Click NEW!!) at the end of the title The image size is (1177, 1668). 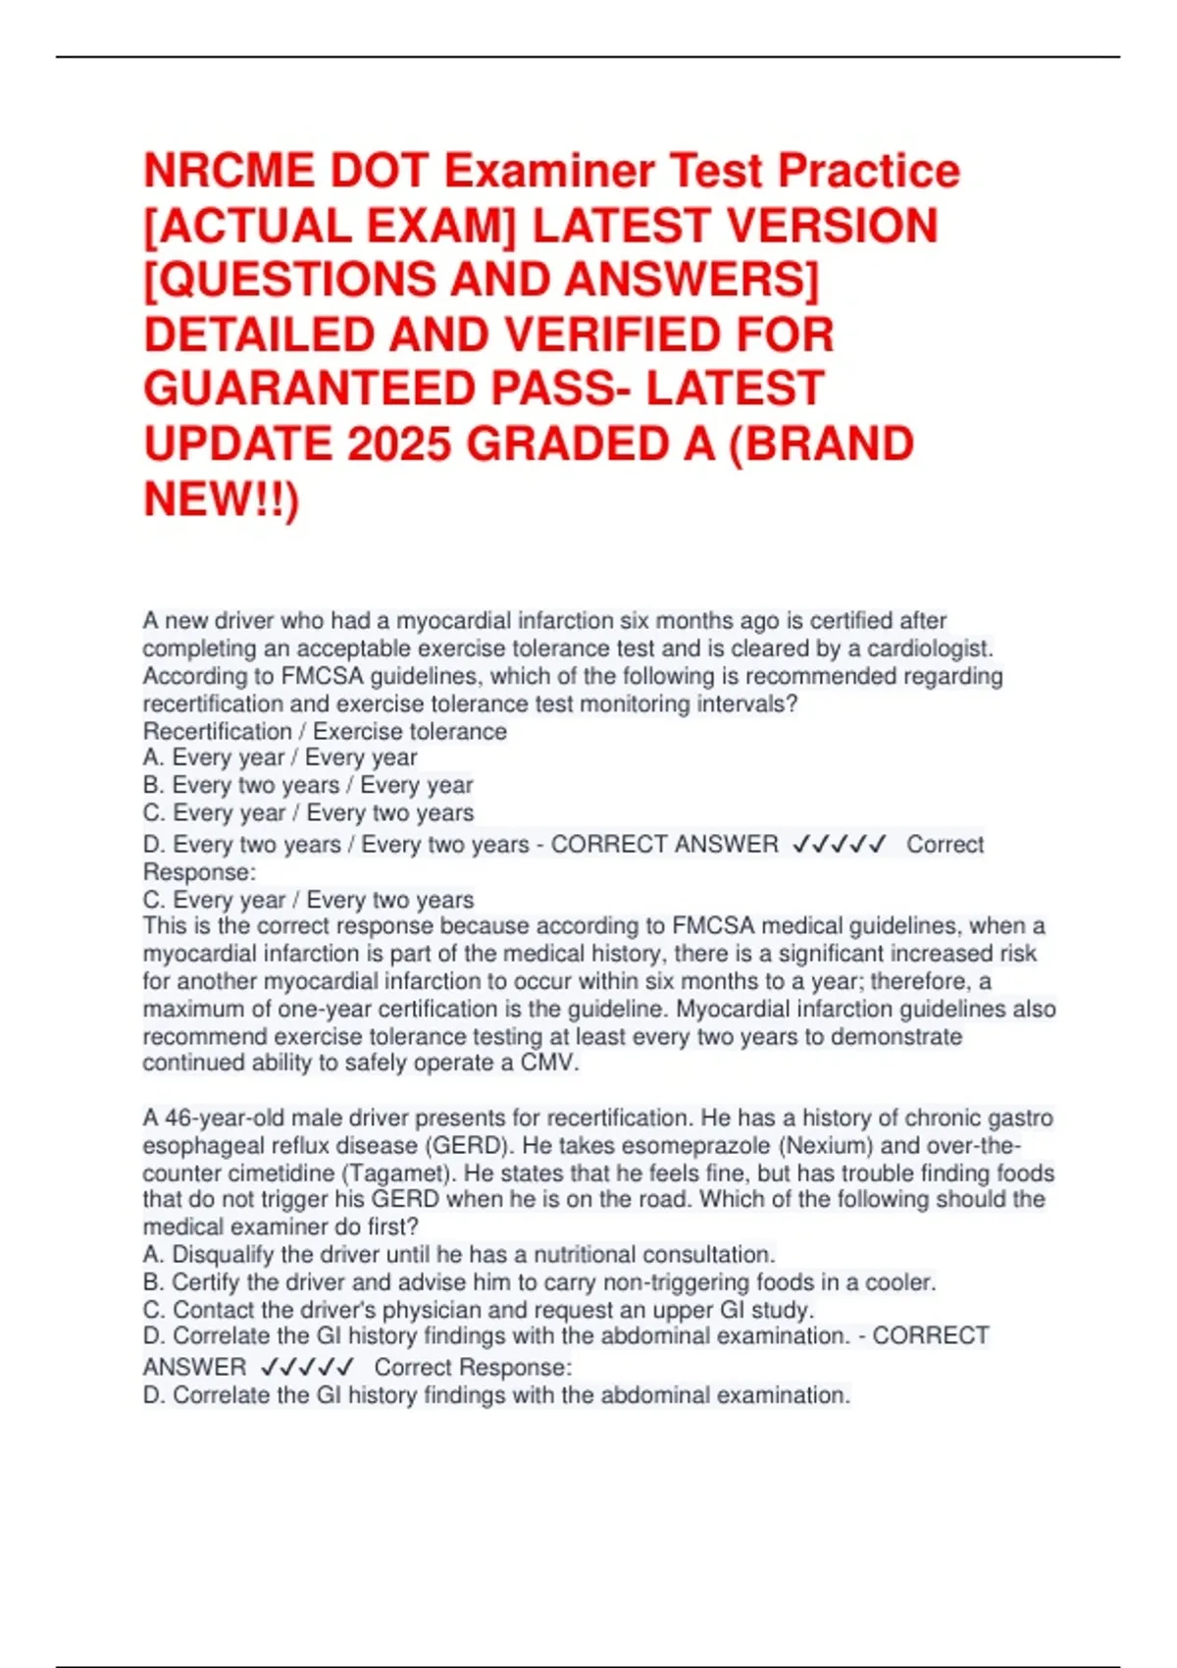pos(222,499)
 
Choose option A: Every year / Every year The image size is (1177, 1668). pos(281,757)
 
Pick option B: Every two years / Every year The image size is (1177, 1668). pos(308,785)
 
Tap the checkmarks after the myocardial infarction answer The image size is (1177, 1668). pos(839,844)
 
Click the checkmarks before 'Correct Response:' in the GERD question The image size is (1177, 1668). pos(307,1367)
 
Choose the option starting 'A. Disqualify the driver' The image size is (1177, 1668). pos(459,1254)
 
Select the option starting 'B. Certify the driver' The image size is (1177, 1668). pos(539,1281)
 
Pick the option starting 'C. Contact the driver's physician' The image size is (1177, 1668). pos(479,1309)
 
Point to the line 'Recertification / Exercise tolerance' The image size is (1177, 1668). pos(325,731)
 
